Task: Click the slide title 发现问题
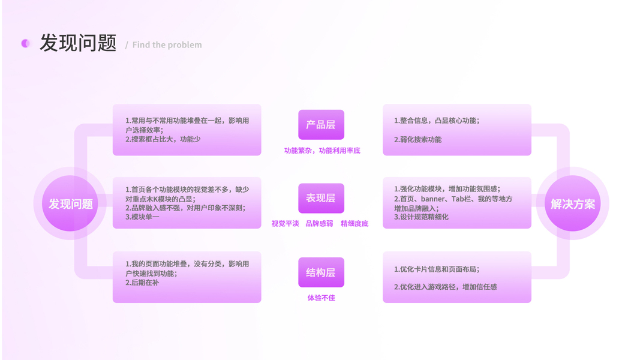(x=78, y=43)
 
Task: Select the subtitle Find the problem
(x=167, y=45)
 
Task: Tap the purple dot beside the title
(x=25, y=43)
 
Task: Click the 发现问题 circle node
(x=71, y=204)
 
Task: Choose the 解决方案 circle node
(x=573, y=204)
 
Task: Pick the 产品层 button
(x=321, y=125)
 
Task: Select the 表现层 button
(x=321, y=198)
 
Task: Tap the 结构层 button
(x=321, y=272)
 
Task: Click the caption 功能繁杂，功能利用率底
(x=322, y=151)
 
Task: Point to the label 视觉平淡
(x=285, y=224)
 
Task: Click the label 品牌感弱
(x=319, y=224)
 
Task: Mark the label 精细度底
(x=354, y=224)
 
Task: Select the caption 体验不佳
(x=321, y=298)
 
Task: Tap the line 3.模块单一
(x=142, y=217)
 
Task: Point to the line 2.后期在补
(x=142, y=283)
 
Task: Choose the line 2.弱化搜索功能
(x=417, y=140)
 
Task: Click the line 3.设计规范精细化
(x=421, y=217)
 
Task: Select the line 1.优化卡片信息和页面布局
(x=437, y=269)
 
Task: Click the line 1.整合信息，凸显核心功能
(x=437, y=121)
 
